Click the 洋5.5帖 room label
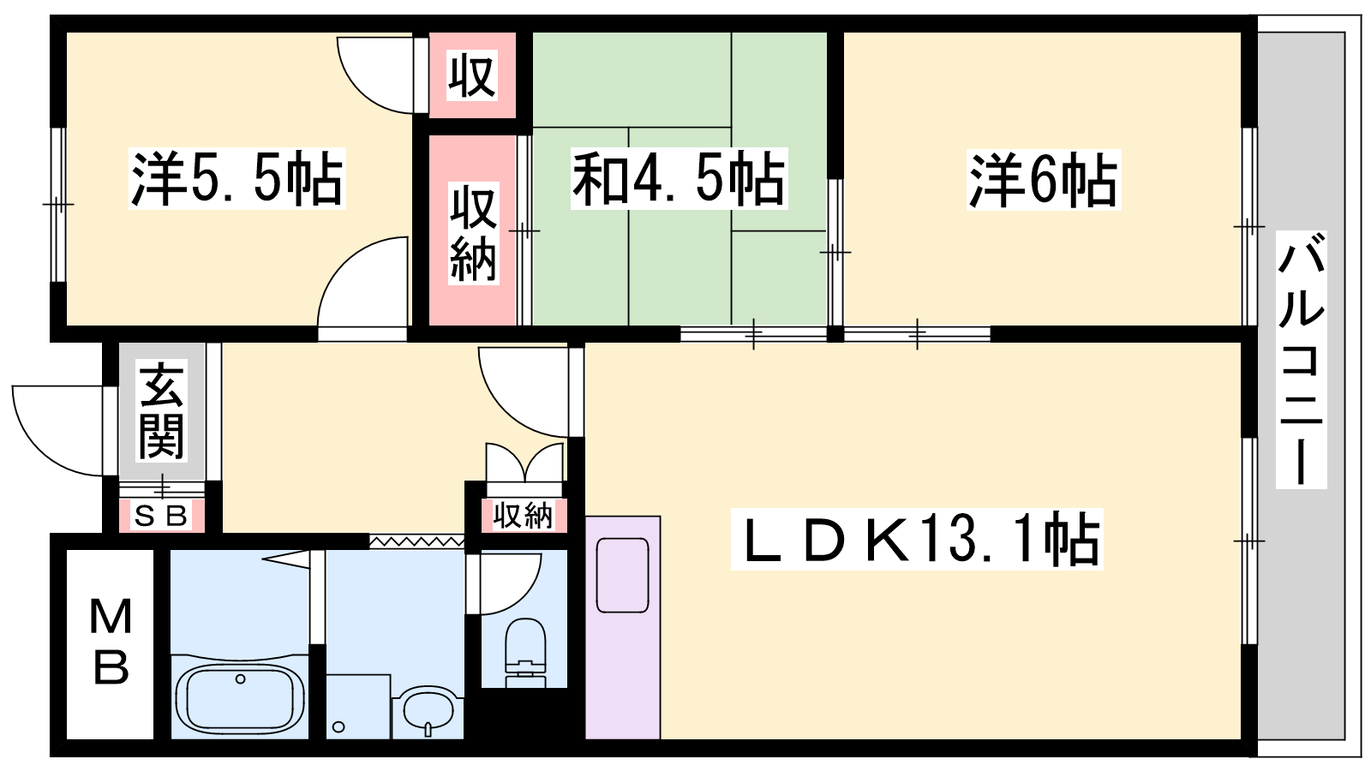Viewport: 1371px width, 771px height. (x=236, y=179)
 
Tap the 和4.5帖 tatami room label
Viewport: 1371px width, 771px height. (x=679, y=179)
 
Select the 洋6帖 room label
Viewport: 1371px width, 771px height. (x=1044, y=180)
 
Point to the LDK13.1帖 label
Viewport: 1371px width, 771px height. (x=917, y=539)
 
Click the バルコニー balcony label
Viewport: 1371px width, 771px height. (x=1302, y=360)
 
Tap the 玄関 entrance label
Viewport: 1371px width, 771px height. (x=162, y=410)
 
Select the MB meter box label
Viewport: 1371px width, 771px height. (x=111, y=642)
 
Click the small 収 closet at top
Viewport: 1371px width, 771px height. (x=472, y=75)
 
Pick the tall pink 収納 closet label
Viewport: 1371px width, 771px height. (x=473, y=233)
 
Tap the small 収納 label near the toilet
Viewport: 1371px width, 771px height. (x=524, y=515)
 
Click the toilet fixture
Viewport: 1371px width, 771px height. (x=525, y=652)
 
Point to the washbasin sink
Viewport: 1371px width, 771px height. (x=428, y=712)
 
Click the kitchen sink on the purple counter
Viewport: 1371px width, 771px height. (x=622, y=575)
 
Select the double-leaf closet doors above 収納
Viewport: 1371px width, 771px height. (x=524, y=463)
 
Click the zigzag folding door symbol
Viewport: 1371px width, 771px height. (x=416, y=541)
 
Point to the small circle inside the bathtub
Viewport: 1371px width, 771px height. (x=241, y=679)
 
